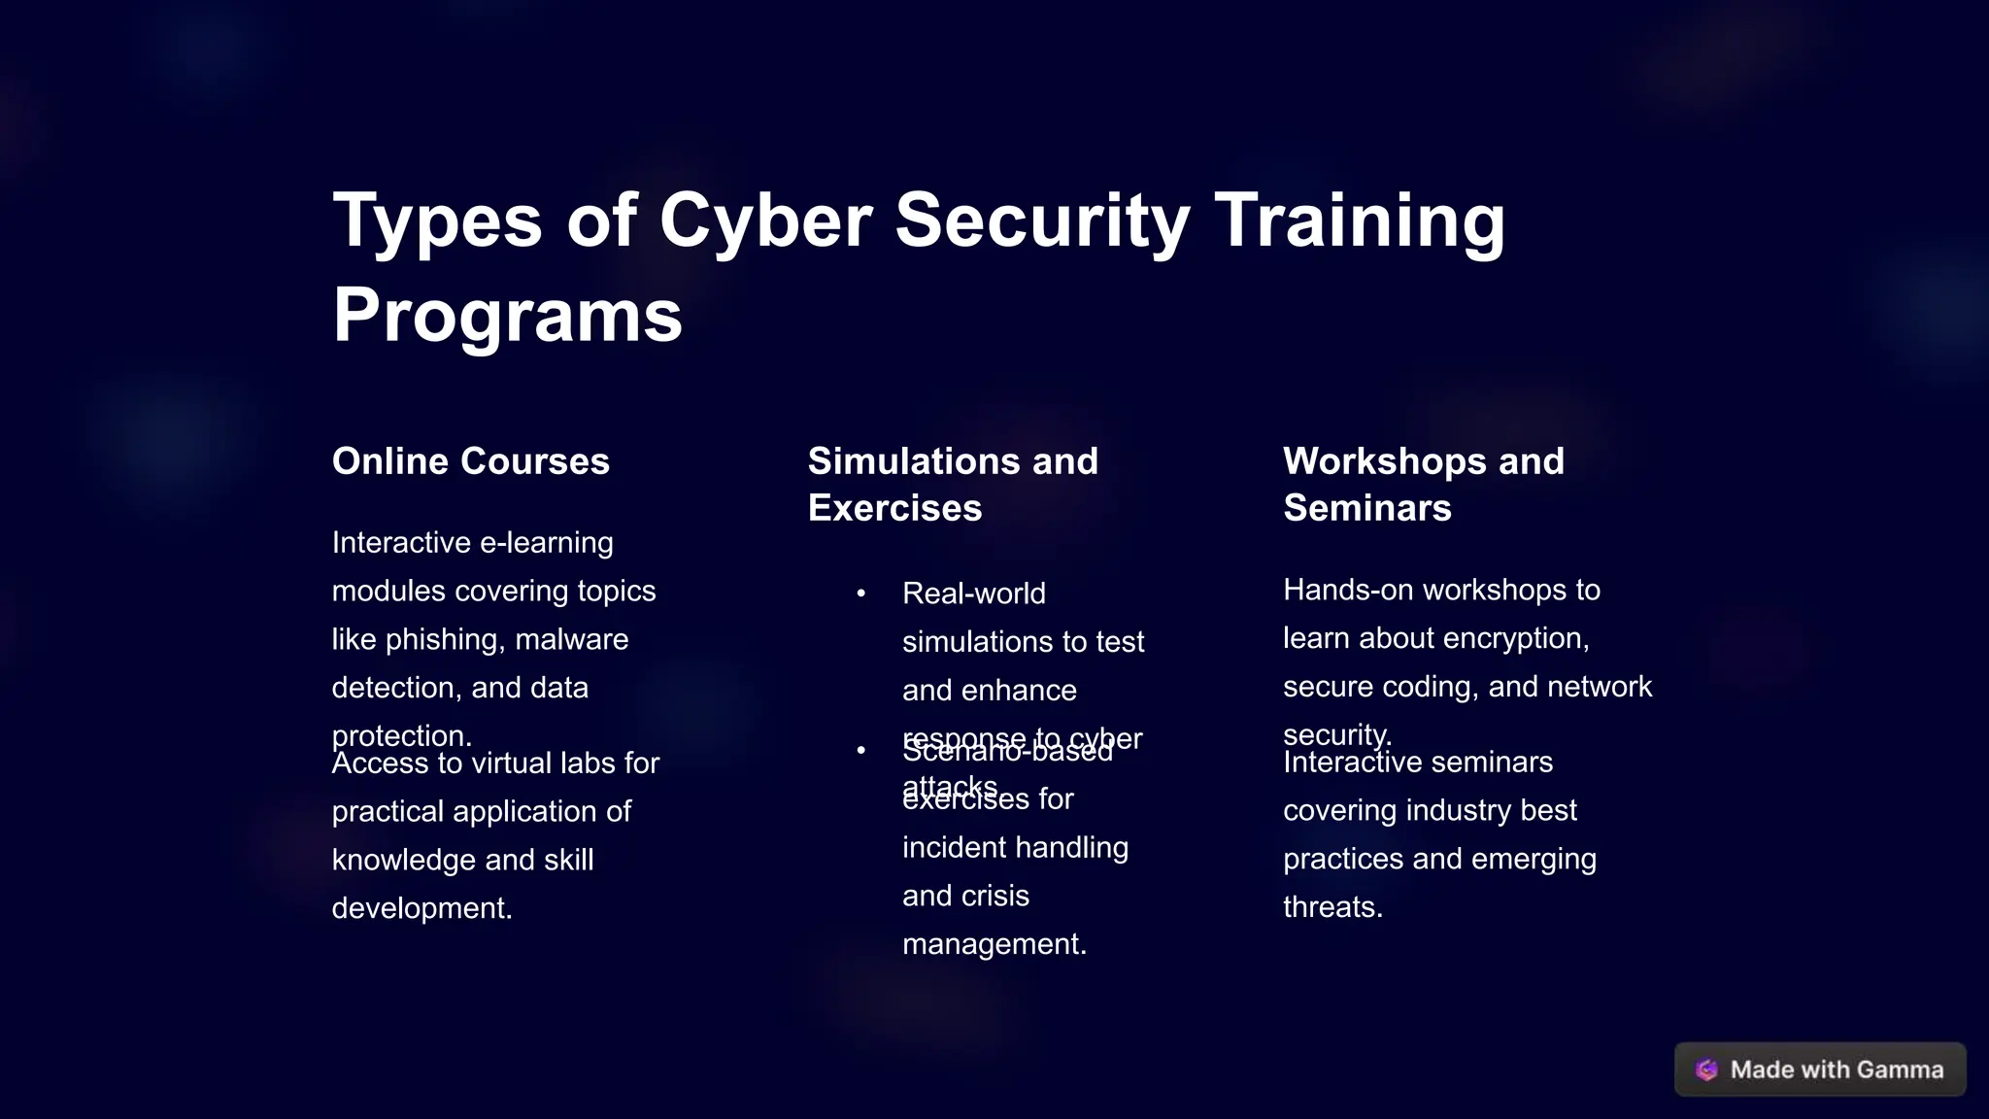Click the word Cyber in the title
pyautogui.click(x=766, y=220)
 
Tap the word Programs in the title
pyautogui.click(x=507, y=316)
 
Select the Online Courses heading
pyautogui.click(x=470, y=461)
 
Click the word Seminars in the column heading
pyautogui.click(x=1366, y=508)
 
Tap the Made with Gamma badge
pyautogui.click(x=1819, y=1069)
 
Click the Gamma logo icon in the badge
pyautogui.click(x=1706, y=1069)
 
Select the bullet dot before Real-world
pyautogui.click(x=860, y=593)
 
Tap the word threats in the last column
pyautogui.click(x=1332, y=907)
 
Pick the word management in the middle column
pyautogui.click(x=993, y=944)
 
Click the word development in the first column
pyautogui.click(x=421, y=908)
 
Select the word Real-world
pyautogui.click(x=973, y=593)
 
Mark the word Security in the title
pyautogui.click(x=1041, y=220)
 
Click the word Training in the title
pyautogui.click(x=1359, y=220)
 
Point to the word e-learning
pyautogui.click(x=546, y=543)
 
